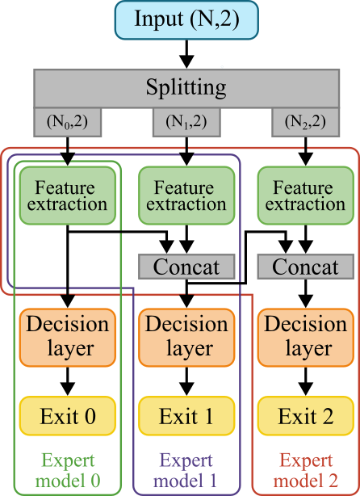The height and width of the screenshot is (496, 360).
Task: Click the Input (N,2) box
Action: click(x=186, y=19)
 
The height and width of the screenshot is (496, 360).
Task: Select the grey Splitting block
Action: click(x=186, y=87)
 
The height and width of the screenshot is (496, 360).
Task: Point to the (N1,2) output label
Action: click(x=186, y=122)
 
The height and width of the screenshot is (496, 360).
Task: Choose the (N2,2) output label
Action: click(x=305, y=122)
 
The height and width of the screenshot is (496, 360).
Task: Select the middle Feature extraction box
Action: click(x=186, y=195)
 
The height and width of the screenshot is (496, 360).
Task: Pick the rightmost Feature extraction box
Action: click(x=305, y=195)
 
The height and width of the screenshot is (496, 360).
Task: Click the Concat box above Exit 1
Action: click(x=186, y=267)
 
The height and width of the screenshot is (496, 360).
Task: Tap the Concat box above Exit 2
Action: click(x=305, y=267)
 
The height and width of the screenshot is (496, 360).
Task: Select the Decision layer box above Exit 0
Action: click(x=68, y=336)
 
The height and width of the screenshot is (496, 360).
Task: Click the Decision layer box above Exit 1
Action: click(x=186, y=336)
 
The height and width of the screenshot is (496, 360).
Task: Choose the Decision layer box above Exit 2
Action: click(x=305, y=336)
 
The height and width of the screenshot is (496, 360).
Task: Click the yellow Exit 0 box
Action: click(x=68, y=417)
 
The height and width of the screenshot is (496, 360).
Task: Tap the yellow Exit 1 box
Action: click(x=186, y=417)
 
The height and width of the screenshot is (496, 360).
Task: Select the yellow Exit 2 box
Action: click(x=305, y=417)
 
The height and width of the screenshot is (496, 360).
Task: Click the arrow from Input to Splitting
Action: click(x=186, y=55)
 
